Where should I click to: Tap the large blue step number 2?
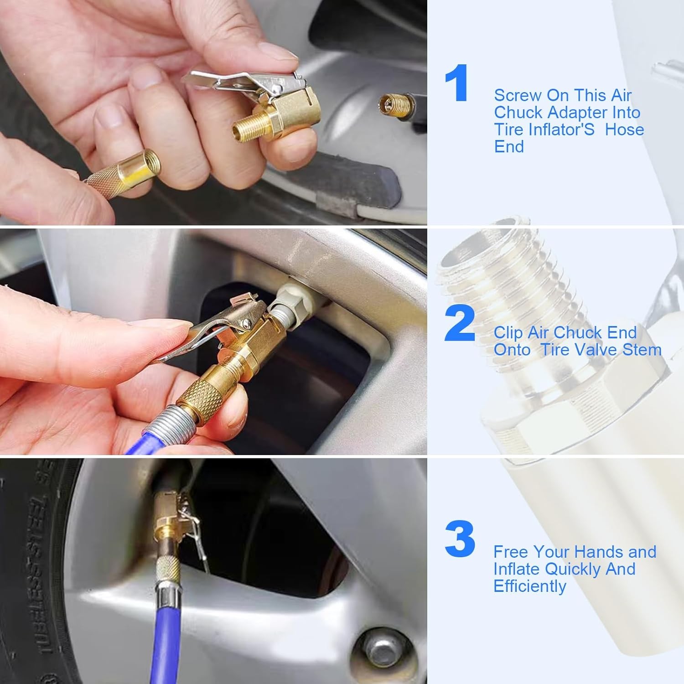tap(460, 325)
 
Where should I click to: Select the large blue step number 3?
tap(460, 539)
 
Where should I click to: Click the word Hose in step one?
tap(624, 130)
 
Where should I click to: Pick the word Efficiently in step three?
tap(529, 586)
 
